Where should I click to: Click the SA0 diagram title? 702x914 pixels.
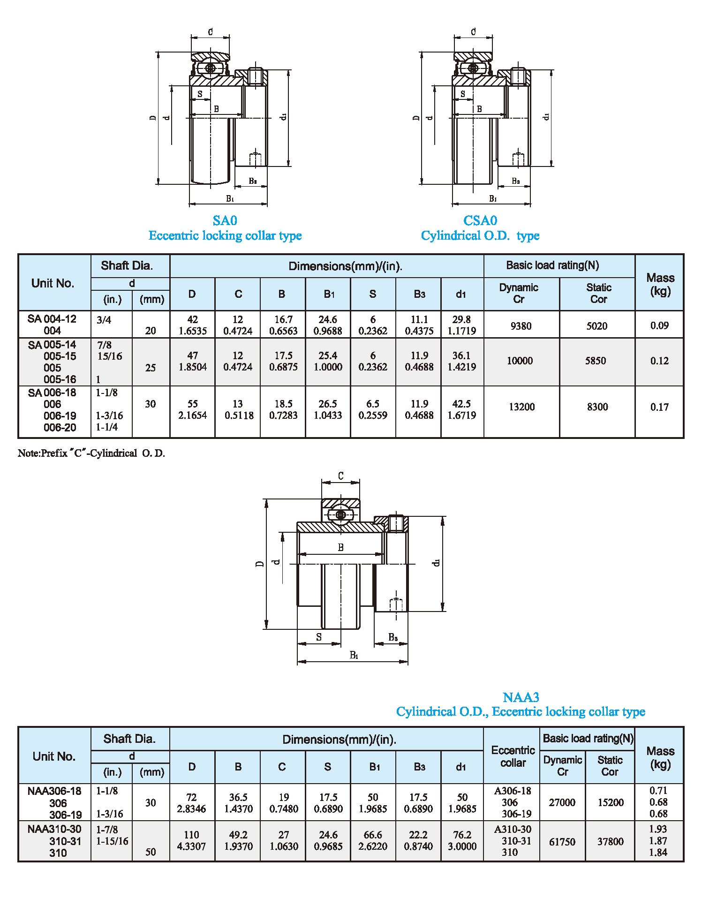[225, 220]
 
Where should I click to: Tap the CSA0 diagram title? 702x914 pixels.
[480, 220]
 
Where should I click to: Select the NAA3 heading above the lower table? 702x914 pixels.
[521, 697]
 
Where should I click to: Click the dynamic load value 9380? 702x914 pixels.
[521, 326]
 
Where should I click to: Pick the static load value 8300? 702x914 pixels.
[597, 407]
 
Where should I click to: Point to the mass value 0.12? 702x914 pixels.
[659, 361]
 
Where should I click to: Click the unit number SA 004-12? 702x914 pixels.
[52, 319]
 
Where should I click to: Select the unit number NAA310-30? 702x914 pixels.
[54, 829]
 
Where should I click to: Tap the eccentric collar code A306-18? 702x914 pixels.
[513, 791]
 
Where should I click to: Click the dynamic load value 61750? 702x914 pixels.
[562, 842]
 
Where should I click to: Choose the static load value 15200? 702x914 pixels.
[611, 802]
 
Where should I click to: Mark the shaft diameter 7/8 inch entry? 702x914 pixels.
[104, 345]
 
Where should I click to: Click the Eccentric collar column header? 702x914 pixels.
[513, 756]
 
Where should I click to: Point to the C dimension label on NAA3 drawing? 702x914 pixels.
[341, 476]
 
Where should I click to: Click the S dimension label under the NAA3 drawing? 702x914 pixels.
[319, 637]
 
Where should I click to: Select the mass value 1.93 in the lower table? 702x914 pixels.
[658, 829]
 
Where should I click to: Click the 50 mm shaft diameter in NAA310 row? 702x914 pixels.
[150, 852]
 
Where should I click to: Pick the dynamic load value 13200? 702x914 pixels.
[521, 407]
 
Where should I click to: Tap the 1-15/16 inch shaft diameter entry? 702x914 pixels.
[112, 841]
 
